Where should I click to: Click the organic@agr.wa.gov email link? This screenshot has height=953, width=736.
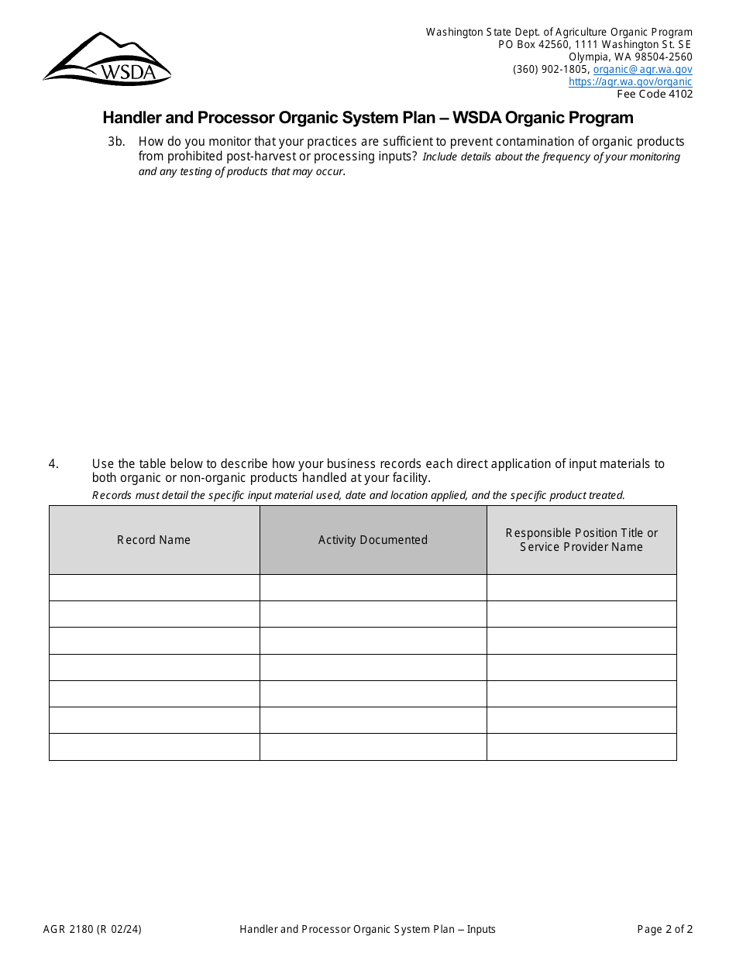642,69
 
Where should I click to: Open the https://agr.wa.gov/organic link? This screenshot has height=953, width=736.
630,81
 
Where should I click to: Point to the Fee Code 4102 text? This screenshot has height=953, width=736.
655,94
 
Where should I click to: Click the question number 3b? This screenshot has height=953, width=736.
116,142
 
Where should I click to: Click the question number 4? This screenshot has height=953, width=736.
53,464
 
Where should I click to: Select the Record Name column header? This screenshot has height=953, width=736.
153,540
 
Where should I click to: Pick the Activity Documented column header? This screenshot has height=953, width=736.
373,540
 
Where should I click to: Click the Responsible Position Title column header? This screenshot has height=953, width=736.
581,540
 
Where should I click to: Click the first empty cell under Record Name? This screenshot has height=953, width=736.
154,587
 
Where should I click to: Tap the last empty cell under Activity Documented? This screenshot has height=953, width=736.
373,747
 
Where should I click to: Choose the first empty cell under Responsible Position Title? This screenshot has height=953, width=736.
581,587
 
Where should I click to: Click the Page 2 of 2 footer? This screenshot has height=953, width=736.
665,929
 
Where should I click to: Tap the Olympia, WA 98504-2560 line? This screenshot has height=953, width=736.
630,57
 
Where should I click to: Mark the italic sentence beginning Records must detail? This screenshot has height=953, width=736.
358,495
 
